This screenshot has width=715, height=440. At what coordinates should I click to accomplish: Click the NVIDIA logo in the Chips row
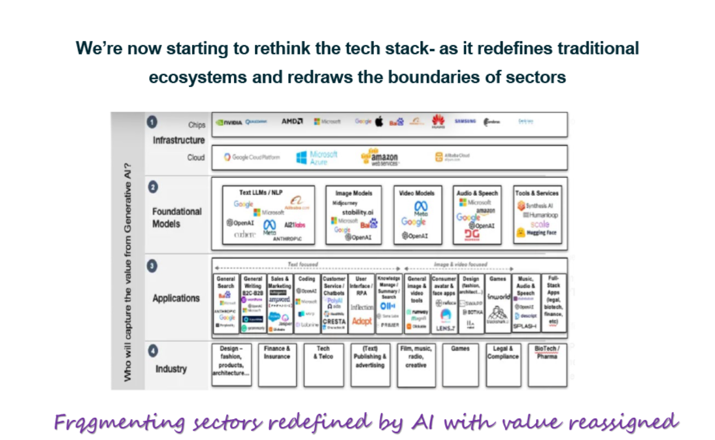coord(229,122)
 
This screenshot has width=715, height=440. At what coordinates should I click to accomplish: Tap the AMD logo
coord(292,122)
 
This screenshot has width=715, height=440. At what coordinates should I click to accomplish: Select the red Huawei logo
coord(438,122)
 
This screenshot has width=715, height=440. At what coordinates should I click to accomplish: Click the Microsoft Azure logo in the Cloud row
coord(317,158)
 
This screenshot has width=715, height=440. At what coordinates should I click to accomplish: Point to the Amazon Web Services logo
coord(380,157)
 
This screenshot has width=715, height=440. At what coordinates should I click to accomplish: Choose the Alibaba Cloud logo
coord(453,157)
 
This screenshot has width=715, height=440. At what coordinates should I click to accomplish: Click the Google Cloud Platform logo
coord(251,157)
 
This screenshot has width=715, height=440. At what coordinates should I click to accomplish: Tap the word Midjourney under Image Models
coord(345,203)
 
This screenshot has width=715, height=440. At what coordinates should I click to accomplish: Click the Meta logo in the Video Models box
coord(421,208)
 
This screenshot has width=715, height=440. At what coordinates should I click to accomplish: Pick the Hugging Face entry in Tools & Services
coord(537,233)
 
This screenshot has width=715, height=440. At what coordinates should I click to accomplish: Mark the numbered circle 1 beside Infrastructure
coord(152,122)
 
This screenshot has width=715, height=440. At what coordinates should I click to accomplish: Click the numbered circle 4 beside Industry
coord(152,350)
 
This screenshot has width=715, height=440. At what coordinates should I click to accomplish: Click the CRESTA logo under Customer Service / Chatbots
coord(334,322)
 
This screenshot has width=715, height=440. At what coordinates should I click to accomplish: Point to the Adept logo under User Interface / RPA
coord(362,321)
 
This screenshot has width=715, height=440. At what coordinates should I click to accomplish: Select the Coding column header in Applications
coord(306,279)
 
